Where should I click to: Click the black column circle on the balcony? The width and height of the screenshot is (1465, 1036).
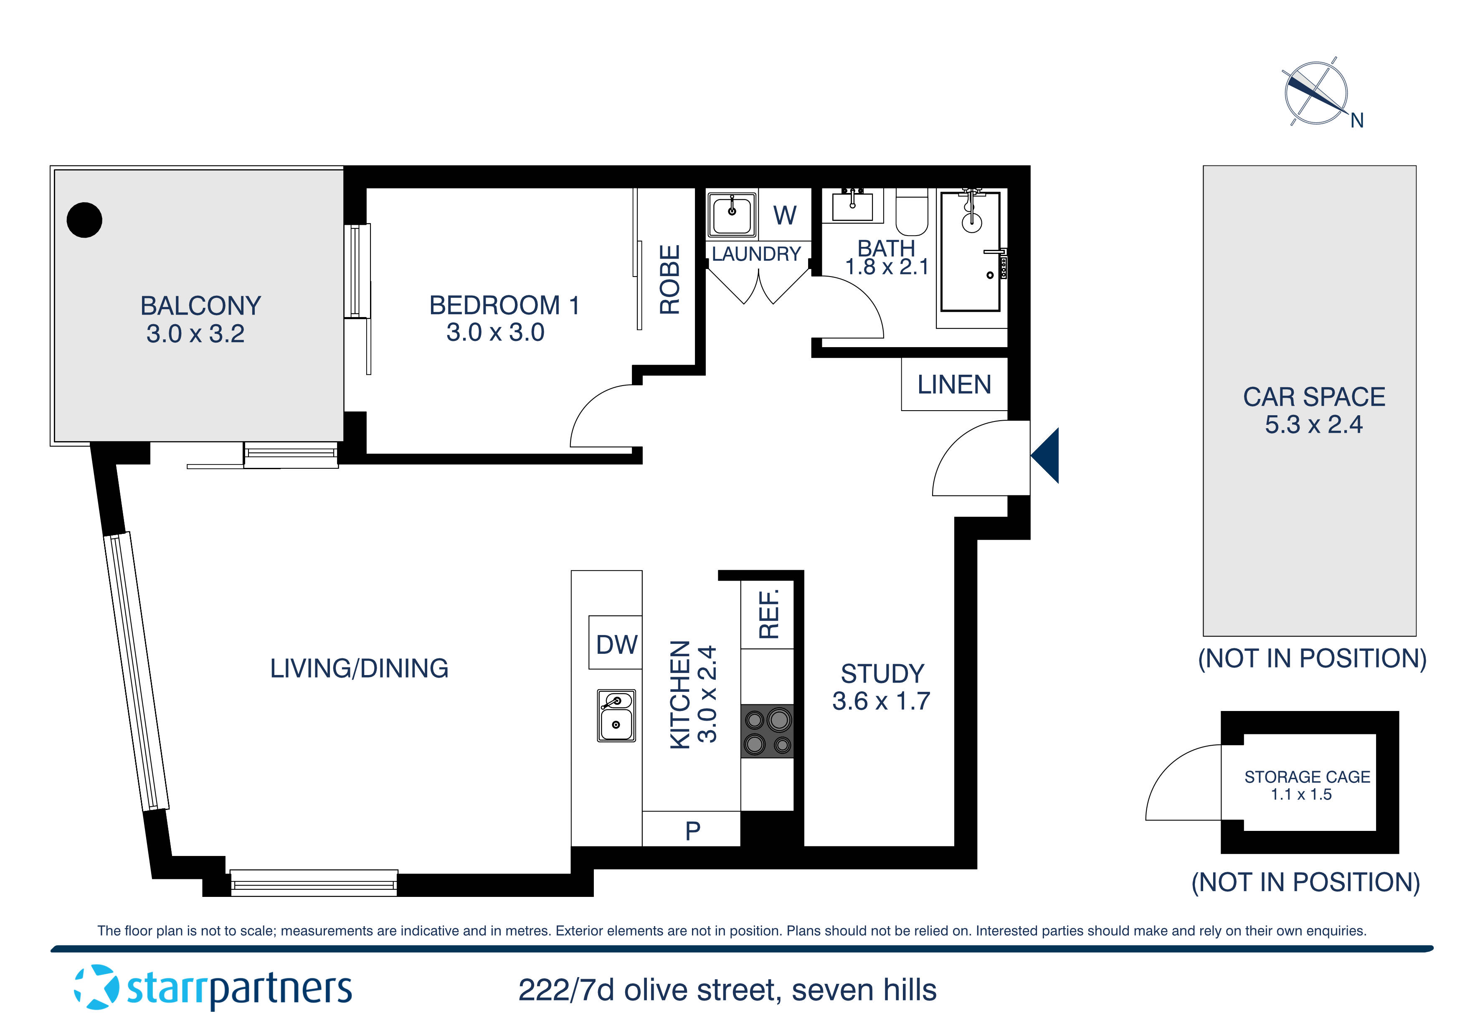[x=84, y=220]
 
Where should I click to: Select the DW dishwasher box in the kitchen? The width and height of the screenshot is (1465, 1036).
[x=615, y=643]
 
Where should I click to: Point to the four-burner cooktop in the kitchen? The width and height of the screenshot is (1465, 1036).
[x=767, y=731]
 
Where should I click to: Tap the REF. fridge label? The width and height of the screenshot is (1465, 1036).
[x=768, y=614]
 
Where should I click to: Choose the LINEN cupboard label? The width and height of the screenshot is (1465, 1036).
[x=954, y=384]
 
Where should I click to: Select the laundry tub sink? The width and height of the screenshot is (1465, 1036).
[x=731, y=213]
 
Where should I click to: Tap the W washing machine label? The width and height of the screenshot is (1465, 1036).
[x=785, y=215]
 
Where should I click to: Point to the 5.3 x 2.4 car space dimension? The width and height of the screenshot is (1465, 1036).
[x=1313, y=424]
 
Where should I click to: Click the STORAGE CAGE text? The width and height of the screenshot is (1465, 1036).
[x=1307, y=777]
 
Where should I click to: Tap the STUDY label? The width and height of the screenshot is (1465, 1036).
[x=882, y=673]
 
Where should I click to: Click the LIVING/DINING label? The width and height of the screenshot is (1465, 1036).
[x=359, y=668]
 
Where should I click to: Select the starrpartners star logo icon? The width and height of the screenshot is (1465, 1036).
[x=96, y=988]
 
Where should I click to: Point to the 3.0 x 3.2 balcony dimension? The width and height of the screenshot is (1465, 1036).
[x=195, y=334]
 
